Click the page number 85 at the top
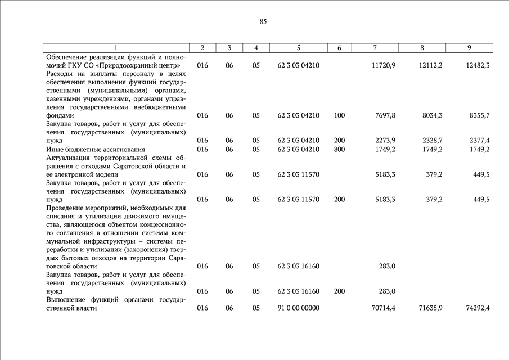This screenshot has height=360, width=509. pos(263,22)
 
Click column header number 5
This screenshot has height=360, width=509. pos(299,48)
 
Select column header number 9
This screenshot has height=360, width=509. pos(469,48)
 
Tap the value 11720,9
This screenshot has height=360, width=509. pos(384,65)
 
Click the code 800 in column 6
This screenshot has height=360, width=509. pos(339,149)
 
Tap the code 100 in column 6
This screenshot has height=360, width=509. pos(339,115)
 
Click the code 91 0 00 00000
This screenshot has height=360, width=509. pos(299,308)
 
